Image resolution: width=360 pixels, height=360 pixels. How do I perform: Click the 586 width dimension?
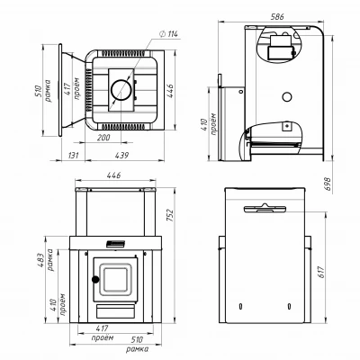(277, 16)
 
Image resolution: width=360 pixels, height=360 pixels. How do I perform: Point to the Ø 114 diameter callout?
(168, 34)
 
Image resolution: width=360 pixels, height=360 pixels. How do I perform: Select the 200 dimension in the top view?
(103, 138)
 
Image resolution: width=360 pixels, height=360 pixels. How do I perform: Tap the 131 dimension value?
(73, 155)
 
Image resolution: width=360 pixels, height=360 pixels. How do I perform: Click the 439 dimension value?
(121, 155)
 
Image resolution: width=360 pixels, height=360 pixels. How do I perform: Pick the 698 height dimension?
(328, 184)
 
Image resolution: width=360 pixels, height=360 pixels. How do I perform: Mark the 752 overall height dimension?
(170, 215)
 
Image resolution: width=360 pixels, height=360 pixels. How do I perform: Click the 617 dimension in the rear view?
(321, 272)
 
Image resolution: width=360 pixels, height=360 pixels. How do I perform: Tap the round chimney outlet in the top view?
(121, 90)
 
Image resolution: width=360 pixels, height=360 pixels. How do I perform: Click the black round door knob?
(95, 280)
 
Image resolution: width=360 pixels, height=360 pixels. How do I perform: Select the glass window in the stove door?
(115, 280)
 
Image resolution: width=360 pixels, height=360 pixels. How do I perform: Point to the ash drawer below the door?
(115, 311)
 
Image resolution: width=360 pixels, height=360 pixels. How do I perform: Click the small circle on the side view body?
(287, 96)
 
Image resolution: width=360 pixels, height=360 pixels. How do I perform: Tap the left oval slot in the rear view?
(240, 306)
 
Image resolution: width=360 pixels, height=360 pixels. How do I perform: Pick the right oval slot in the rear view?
(289, 306)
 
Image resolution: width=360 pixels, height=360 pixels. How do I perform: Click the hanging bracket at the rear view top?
(265, 208)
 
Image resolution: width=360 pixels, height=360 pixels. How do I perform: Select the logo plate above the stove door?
(115, 244)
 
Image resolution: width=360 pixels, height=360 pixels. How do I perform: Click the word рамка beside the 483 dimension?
(50, 260)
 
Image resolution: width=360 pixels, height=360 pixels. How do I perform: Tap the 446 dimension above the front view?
(114, 175)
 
